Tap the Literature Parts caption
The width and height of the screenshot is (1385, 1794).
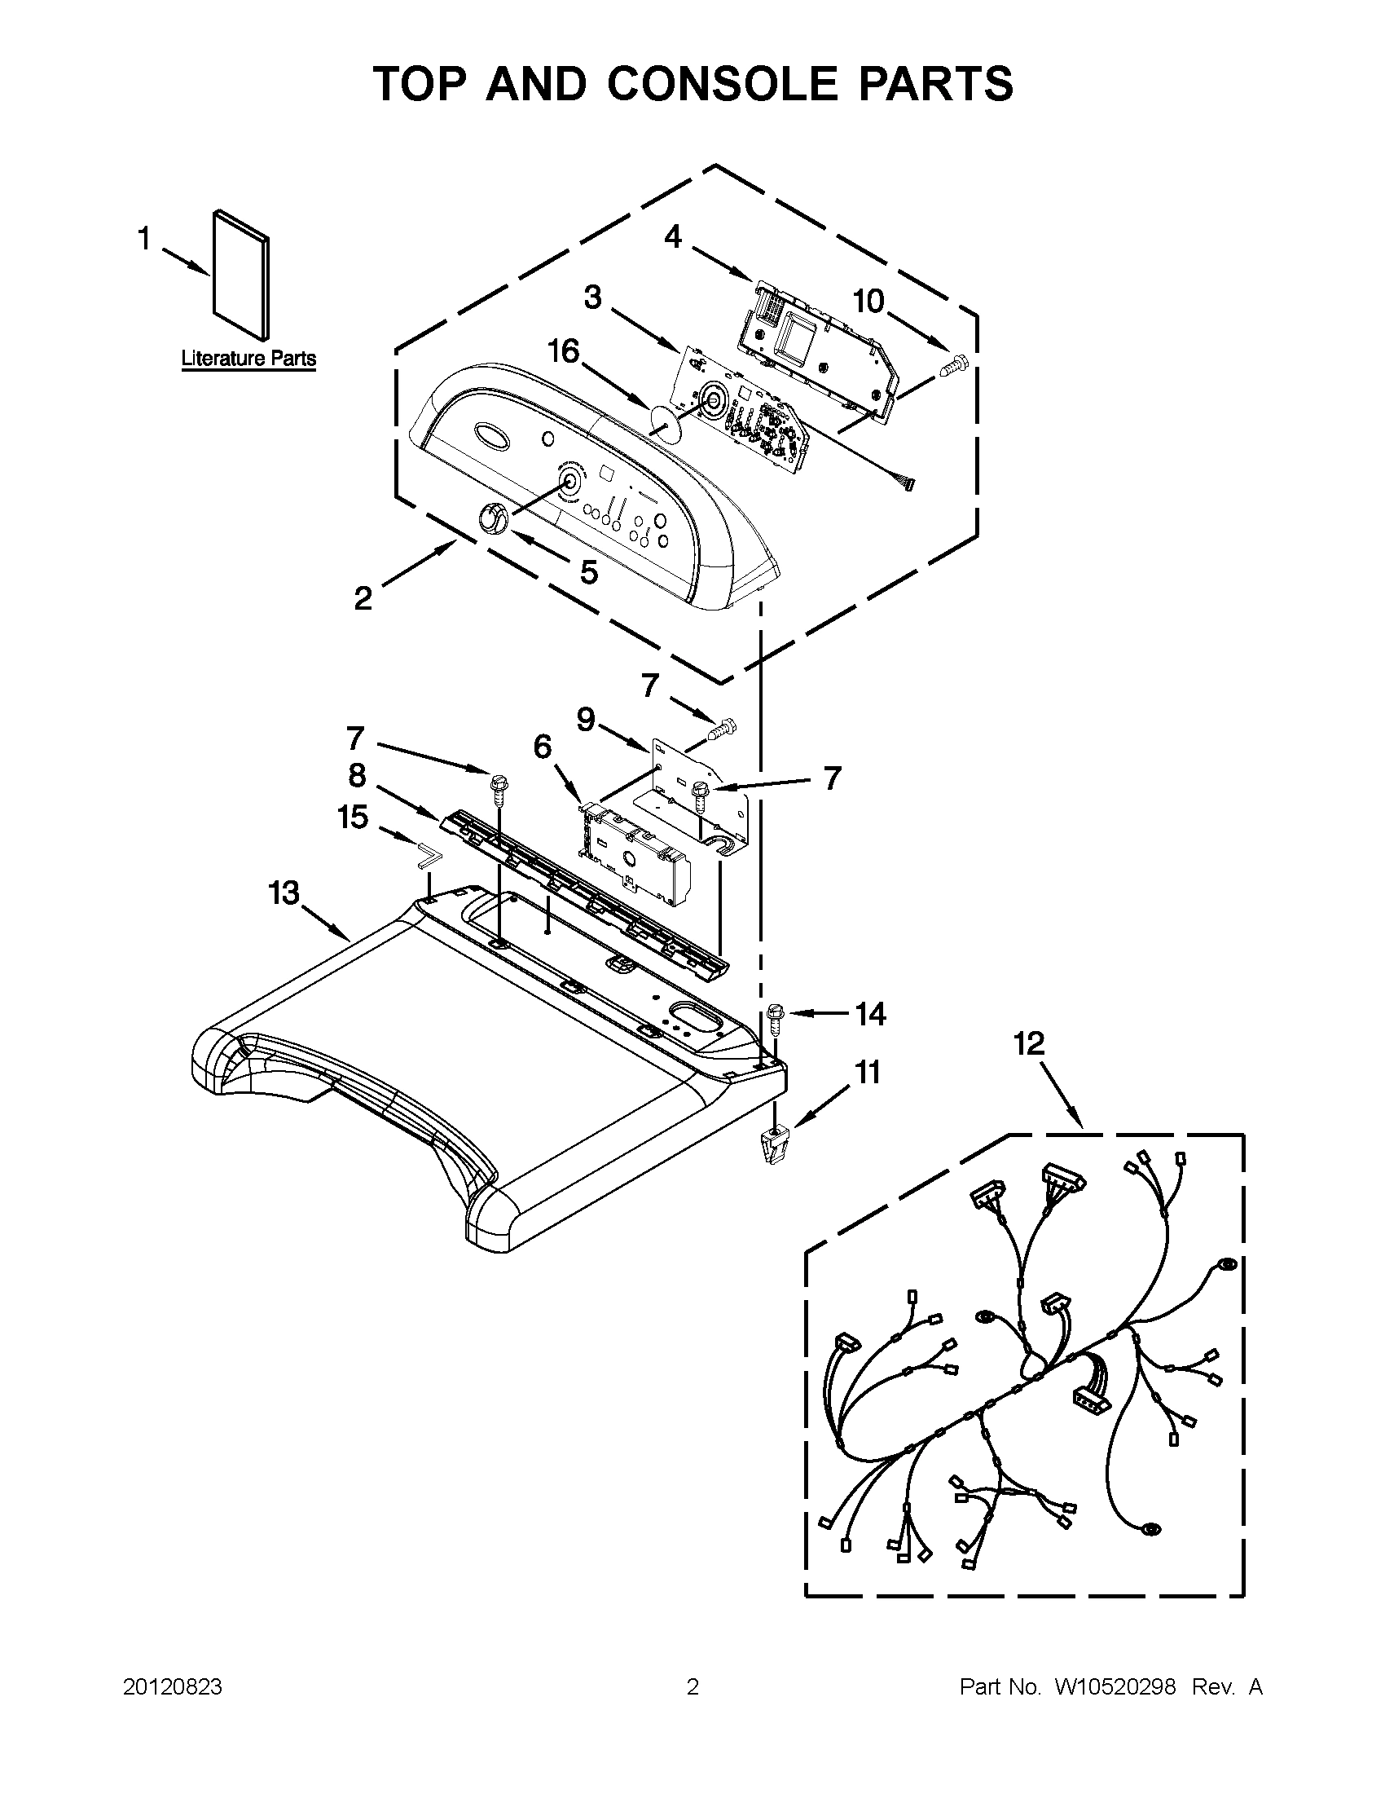248,359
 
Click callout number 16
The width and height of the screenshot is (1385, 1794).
564,351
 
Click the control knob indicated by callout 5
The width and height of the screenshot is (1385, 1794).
491,519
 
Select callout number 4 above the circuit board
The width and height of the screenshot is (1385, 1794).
672,237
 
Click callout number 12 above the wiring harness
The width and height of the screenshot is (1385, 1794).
1028,1043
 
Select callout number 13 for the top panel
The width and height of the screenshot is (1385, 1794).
284,893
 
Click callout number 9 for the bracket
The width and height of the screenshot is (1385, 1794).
585,720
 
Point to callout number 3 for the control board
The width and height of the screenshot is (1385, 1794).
593,298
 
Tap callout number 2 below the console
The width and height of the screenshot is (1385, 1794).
363,598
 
